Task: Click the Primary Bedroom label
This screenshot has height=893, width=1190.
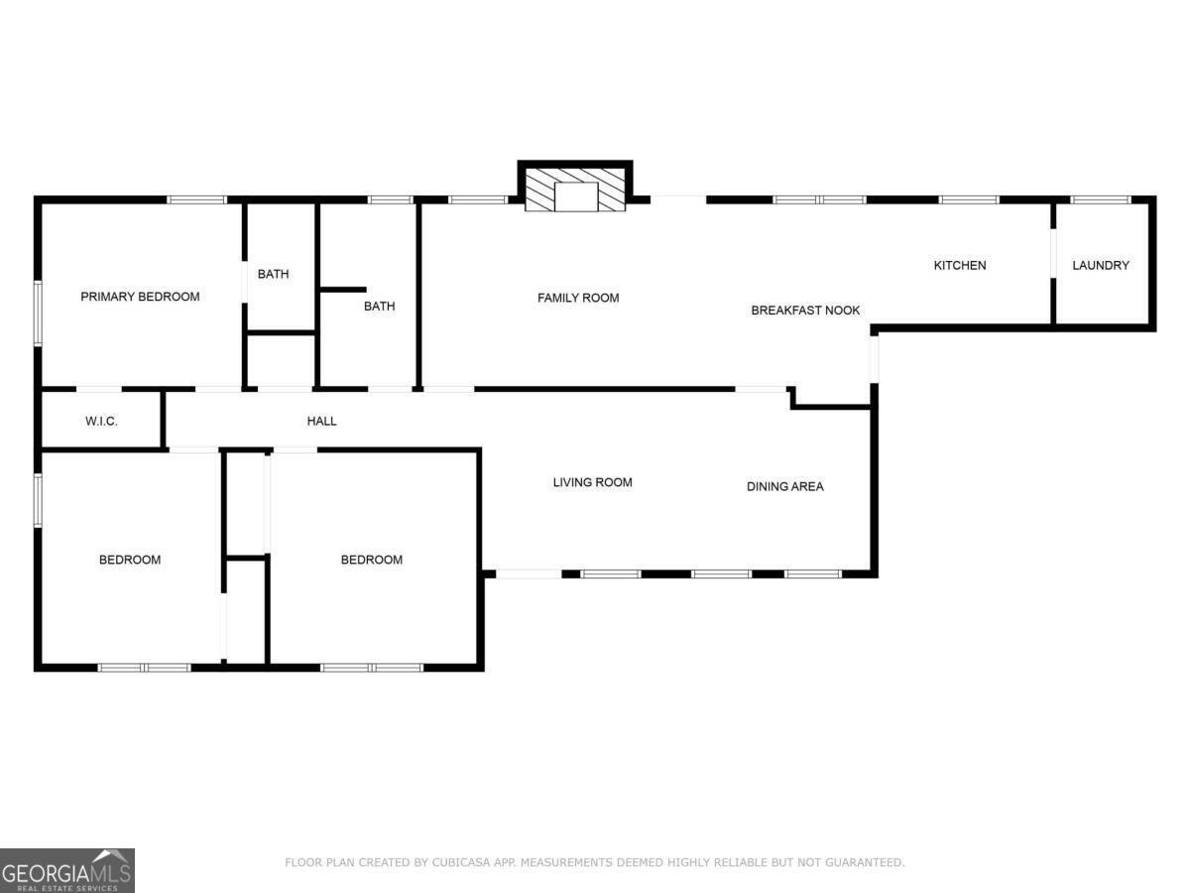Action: pyautogui.click(x=140, y=297)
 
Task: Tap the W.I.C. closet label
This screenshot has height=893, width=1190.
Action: pyautogui.click(x=101, y=422)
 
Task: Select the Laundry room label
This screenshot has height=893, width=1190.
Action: pyautogui.click(x=1101, y=266)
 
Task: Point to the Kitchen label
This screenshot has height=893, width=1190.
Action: pyautogui.click(x=960, y=266)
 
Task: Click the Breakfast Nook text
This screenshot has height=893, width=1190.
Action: pyautogui.click(x=805, y=311)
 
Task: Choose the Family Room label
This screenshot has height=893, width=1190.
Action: pyautogui.click(x=578, y=298)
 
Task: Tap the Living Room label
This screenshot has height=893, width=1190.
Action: pyautogui.click(x=592, y=483)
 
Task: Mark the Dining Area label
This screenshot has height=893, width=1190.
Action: pyautogui.click(x=784, y=487)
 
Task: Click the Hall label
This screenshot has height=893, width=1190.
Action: pyautogui.click(x=321, y=422)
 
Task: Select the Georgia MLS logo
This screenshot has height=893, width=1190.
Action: pyautogui.click(x=66, y=870)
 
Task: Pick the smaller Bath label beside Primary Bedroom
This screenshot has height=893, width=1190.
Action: pyautogui.click(x=273, y=275)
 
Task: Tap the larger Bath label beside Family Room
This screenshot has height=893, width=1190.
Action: pyautogui.click(x=379, y=307)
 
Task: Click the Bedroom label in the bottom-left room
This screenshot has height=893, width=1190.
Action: pyautogui.click(x=129, y=561)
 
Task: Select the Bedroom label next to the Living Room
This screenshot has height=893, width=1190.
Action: pyautogui.click(x=372, y=561)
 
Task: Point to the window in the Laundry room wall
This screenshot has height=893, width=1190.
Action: pyautogui.click(x=1101, y=200)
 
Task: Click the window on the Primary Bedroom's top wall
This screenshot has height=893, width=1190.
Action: pyautogui.click(x=196, y=200)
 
